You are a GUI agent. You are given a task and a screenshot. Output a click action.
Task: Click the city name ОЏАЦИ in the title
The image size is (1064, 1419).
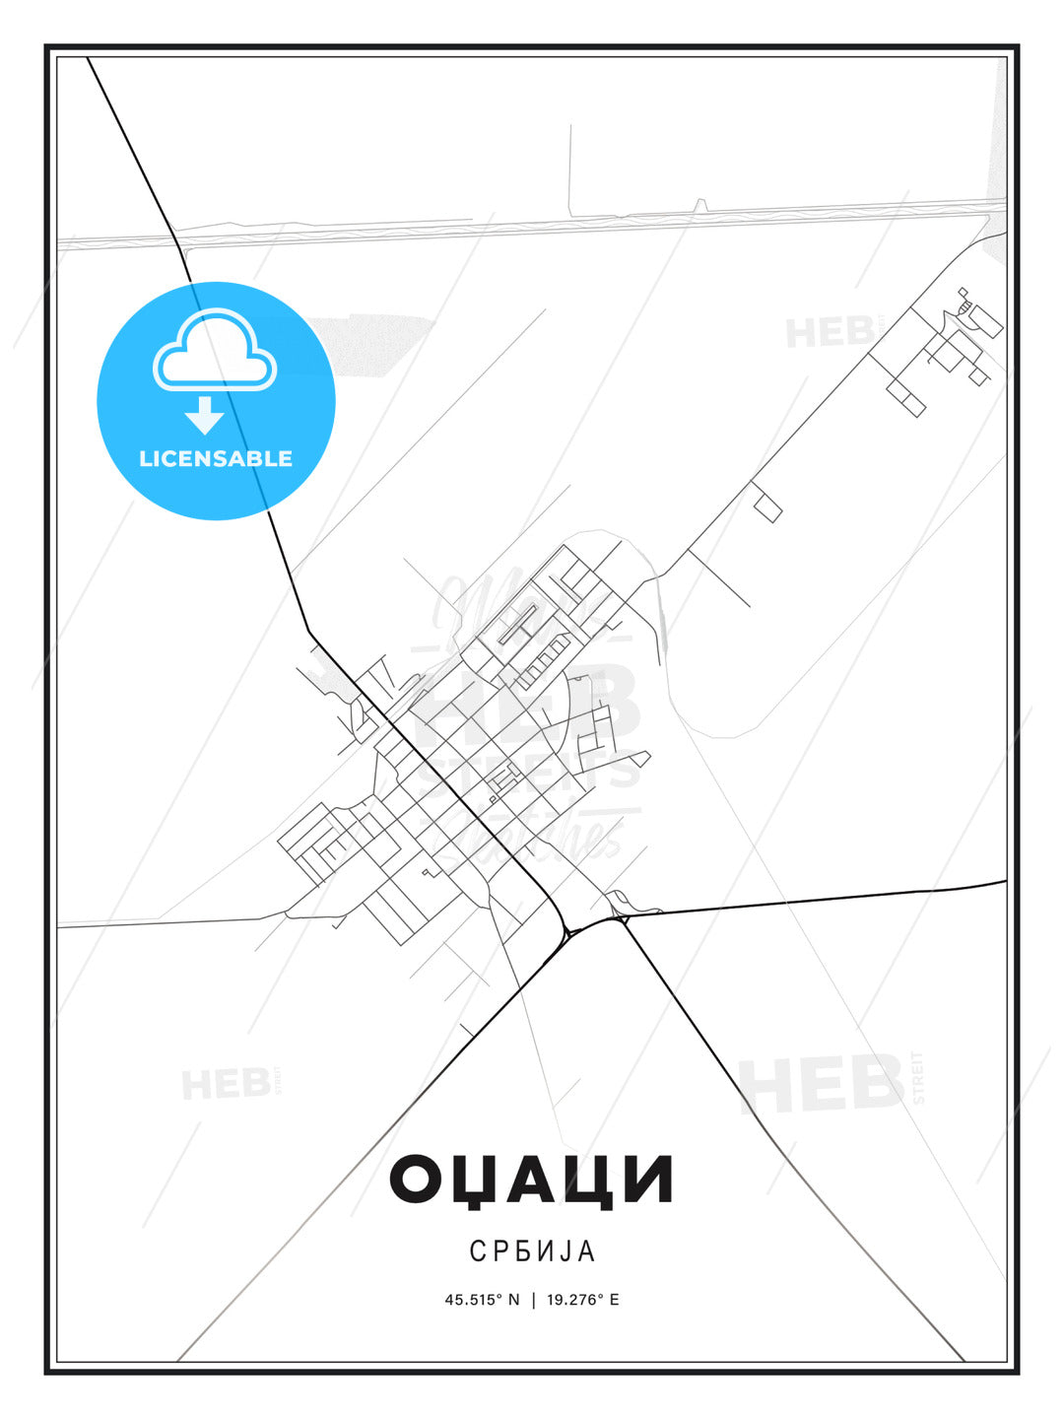(531, 1180)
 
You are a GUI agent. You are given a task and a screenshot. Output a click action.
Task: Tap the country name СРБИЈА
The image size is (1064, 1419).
(532, 1250)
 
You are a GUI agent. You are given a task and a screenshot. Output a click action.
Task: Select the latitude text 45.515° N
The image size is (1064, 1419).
(482, 1300)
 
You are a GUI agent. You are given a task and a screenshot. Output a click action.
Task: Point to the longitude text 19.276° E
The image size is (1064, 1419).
(583, 1300)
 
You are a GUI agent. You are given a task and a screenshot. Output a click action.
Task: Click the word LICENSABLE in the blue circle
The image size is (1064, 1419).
(216, 458)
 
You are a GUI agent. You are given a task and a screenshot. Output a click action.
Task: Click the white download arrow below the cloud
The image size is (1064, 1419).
(204, 415)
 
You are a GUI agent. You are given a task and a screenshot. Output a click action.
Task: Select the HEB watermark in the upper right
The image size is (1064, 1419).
(830, 333)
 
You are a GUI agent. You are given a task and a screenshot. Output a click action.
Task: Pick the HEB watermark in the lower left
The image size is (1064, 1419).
(226, 1084)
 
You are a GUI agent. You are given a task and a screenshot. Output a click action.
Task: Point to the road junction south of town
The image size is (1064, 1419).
(569, 930)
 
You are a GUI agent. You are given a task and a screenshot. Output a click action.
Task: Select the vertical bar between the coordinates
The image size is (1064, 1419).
(533, 1300)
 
